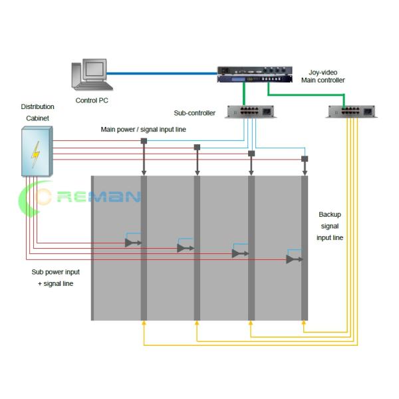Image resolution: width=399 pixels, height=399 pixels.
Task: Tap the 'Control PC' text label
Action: click(x=91, y=100)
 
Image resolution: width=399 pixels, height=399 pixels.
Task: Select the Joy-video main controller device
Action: click(x=254, y=74)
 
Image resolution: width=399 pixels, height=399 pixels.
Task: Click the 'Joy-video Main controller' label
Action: click(x=323, y=76)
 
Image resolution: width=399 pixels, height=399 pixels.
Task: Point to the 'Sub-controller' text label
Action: click(x=195, y=113)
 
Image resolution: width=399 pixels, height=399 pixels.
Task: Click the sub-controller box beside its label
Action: click(x=250, y=112)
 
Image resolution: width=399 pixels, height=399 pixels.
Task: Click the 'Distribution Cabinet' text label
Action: click(x=38, y=112)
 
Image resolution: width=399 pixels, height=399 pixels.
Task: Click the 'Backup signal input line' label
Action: click(x=330, y=226)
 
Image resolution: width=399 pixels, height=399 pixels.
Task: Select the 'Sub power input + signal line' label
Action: click(x=55, y=278)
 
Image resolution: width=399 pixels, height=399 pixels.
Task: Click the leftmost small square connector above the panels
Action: click(x=144, y=141)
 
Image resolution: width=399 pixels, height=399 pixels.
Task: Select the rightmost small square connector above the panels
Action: click(x=304, y=159)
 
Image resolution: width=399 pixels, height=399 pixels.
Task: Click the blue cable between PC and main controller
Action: click(x=163, y=73)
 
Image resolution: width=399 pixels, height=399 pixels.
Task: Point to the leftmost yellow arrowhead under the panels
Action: click(x=144, y=323)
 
